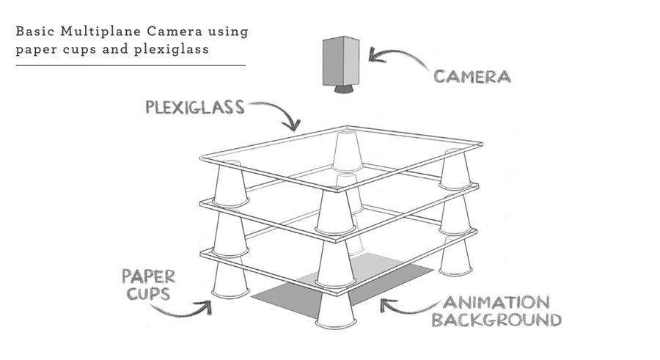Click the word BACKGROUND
(x=496, y=320)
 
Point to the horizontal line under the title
(x=130, y=65)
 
